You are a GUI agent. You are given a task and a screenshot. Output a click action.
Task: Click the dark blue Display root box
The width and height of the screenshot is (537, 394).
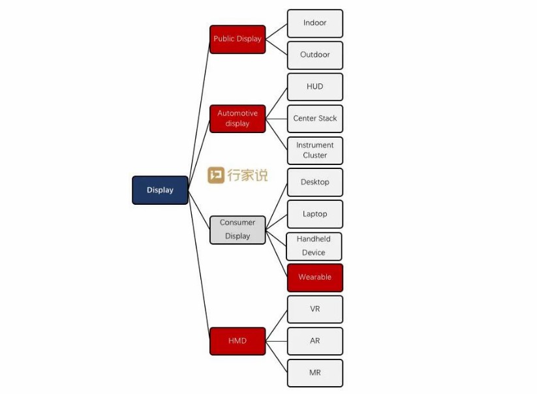(160, 190)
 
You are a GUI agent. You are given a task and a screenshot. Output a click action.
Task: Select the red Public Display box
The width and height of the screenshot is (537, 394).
(238, 39)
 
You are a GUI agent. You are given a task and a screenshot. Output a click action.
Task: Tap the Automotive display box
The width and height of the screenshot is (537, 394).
(238, 118)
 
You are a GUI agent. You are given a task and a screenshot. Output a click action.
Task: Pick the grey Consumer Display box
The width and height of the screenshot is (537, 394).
(238, 230)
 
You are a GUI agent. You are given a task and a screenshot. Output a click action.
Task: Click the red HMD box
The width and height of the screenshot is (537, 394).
(238, 341)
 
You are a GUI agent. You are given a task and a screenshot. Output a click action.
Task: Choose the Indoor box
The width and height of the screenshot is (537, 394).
(315, 23)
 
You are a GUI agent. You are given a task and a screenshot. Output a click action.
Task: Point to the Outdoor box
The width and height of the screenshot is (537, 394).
(315, 55)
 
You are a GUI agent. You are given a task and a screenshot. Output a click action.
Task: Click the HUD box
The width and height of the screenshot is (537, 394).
(315, 87)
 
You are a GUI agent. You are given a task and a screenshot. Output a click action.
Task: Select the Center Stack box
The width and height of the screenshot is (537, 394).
(315, 119)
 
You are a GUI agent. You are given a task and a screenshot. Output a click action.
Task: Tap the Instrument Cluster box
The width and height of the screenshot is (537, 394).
(315, 150)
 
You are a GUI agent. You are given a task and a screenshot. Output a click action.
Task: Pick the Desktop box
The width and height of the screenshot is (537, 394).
(315, 182)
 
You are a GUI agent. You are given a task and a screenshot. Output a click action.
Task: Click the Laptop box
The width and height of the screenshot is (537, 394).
(315, 214)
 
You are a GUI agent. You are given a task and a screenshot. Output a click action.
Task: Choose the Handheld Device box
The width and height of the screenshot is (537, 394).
(314, 246)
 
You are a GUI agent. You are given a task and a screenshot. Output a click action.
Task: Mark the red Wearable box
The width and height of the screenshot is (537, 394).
(315, 277)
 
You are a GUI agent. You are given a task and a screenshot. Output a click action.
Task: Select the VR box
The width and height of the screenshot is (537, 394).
(315, 309)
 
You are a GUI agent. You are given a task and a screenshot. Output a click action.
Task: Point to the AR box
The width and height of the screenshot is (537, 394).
(315, 341)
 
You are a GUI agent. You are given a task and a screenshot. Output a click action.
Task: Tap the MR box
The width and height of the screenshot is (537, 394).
(315, 373)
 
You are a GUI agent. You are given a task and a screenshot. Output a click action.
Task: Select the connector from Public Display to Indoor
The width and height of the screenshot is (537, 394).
(277, 31)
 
